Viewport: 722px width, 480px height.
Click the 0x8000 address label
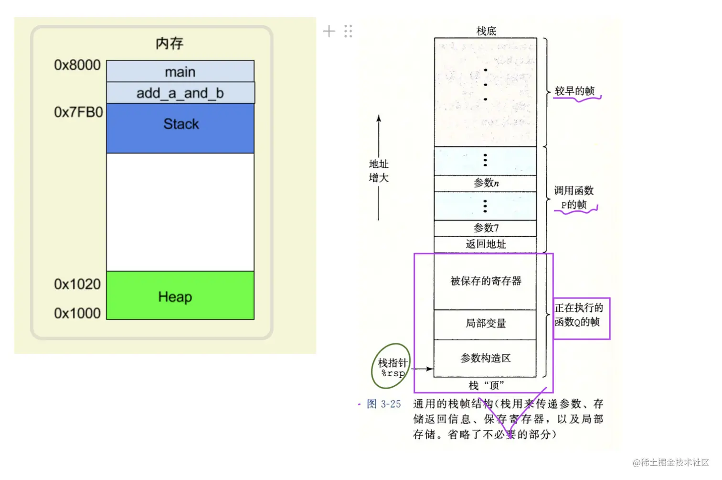(x=77, y=65)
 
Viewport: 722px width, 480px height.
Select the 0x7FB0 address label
(x=78, y=112)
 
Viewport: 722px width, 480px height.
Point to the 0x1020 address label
(x=77, y=284)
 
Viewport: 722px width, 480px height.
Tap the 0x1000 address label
(x=77, y=313)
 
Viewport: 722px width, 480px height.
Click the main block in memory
(x=180, y=72)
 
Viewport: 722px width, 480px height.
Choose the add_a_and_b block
(x=180, y=93)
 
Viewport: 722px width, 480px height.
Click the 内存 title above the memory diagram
(x=170, y=44)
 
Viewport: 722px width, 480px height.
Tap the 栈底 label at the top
(x=486, y=31)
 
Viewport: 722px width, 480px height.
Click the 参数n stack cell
(x=486, y=183)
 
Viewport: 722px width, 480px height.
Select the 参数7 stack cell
(x=486, y=228)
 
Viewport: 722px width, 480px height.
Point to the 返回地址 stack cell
(x=486, y=244)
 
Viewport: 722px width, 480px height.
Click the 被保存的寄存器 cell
(x=486, y=281)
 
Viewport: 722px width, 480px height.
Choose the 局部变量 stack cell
(x=486, y=324)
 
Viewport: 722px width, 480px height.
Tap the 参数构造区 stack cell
(x=486, y=358)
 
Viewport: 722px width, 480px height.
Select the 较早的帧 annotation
(x=574, y=91)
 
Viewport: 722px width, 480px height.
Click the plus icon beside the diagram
(x=329, y=32)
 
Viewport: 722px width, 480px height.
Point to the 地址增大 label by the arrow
(x=379, y=171)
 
